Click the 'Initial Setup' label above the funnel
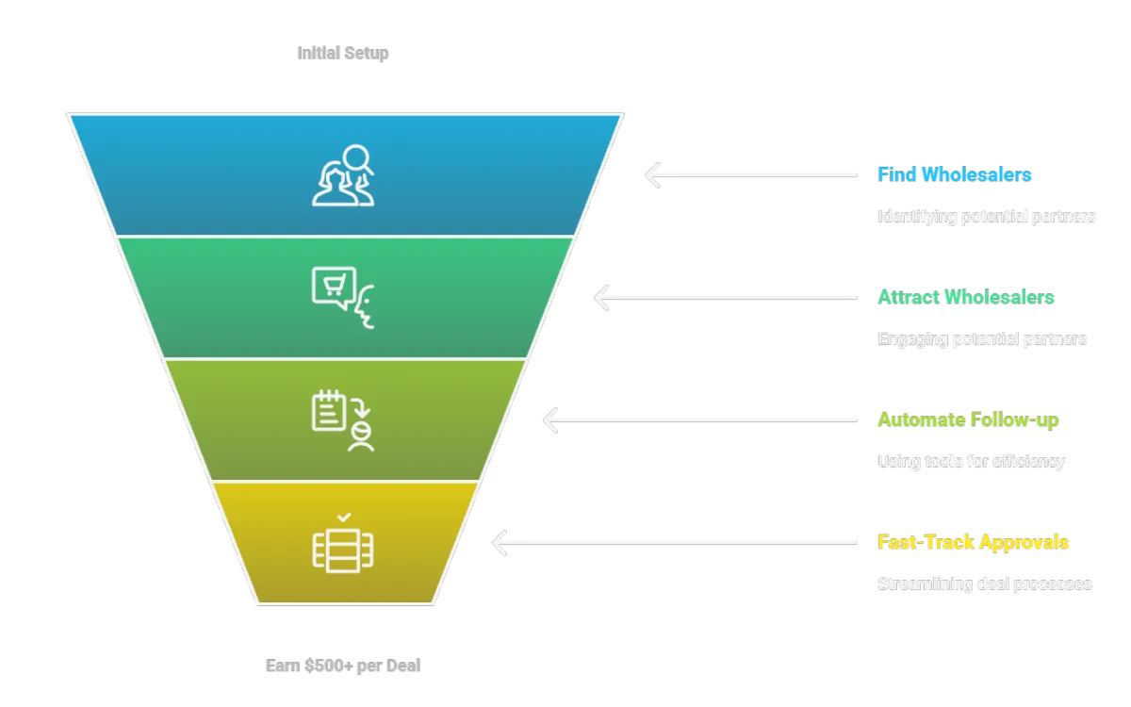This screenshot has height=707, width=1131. tap(343, 53)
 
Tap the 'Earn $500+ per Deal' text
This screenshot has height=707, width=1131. tap(343, 666)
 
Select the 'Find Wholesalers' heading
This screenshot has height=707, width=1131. tap(954, 174)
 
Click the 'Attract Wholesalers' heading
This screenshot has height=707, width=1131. tap(965, 298)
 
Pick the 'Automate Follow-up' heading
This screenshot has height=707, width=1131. tap(968, 420)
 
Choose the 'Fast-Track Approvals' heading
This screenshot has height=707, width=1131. tap(973, 542)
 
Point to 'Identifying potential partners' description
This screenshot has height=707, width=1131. tap(986, 217)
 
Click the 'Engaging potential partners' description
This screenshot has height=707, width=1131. tap(981, 338)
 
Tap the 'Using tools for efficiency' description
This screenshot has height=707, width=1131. tap(970, 461)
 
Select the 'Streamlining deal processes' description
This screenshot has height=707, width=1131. tap(984, 584)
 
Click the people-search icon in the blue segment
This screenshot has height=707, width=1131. tap(343, 174)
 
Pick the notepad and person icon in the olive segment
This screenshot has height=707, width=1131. tap(343, 420)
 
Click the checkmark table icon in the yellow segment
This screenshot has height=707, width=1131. tap(343, 544)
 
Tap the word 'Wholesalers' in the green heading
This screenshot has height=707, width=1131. tap(999, 298)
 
